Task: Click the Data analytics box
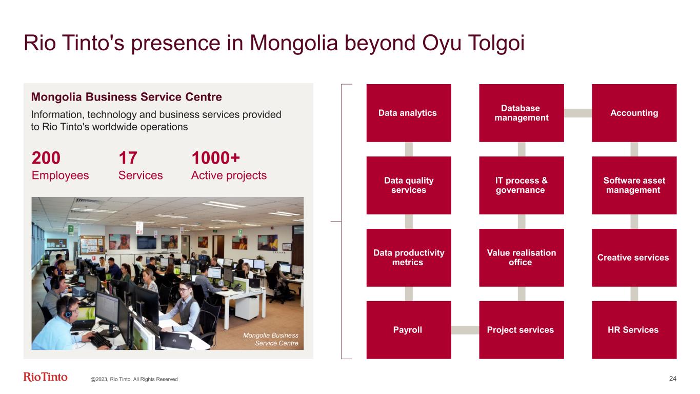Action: pyautogui.click(x=409, y=113)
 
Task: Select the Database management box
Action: pyautogui.click(x=522, y=113)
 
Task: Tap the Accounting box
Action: pyautogui.click(x=634, y=113)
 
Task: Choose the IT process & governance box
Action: pyautogui.click(x=522, y=185)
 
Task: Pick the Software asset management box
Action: pyautogui.click(x=634, y=185)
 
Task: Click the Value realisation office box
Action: pyautogui.click(x=522, y=258)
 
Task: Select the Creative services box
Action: pyautogui.click(x=634, y=258)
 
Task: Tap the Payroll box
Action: pyautogui.click(x=409, y=330)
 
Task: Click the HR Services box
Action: pyautogui.click(x=634, y=330)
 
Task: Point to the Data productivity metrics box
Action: pyautogui.click(x=409, y=258)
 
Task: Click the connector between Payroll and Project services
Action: pyautogui.click(x=465, y=330)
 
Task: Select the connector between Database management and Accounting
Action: pyautogui.click(x=578, y=113)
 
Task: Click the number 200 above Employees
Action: pyautogui.click(x=46, y=158)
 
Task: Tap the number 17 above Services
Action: pyautogui.click(x=128, y=158)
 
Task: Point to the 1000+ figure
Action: pyautogui.click(x=215, y=158)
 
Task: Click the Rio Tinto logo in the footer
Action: pyautogui.click(x=45, y=377)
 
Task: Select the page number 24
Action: pyautogui.click(x=673, y=379)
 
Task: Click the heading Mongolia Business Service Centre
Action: pyautogui.click(x=126, y=97)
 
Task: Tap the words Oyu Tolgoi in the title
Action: pyautogui.click(x=473, y=43)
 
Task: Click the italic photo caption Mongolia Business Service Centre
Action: pyautogui.click(x=271, y=339)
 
